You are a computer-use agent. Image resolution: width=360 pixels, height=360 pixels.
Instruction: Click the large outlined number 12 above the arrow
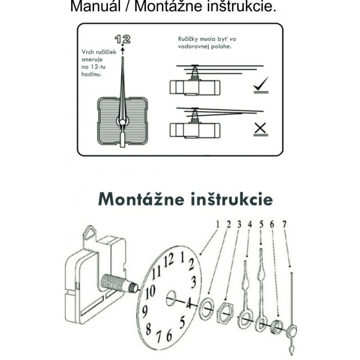tap(122, 39)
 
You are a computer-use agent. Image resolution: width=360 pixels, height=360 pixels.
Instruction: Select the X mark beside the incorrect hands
tap(260, 129)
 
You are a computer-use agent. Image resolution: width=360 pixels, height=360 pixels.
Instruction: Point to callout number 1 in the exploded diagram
tap(217, 224)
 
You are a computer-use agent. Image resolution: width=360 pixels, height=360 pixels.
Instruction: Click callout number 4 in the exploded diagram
tap(250, 224)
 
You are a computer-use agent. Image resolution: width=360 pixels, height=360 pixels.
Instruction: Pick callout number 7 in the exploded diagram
tap(284, 224)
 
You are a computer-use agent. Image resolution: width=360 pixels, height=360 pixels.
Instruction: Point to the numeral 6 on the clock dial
tap(169, 336)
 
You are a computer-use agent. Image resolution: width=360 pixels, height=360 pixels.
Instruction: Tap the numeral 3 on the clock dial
tap(193, 282)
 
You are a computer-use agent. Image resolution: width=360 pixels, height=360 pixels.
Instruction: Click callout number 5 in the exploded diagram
tap(261, 224)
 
